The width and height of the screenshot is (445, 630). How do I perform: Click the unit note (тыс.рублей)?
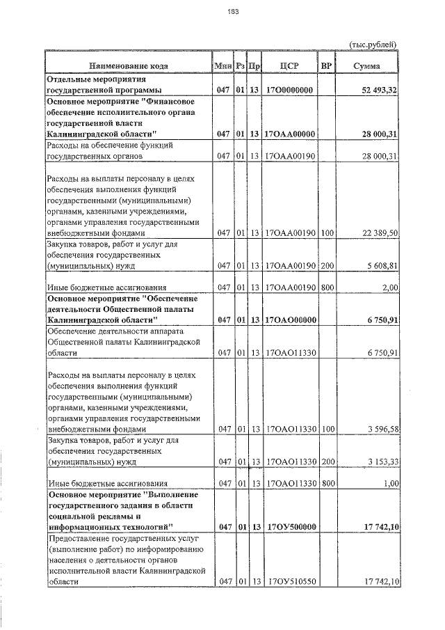click(x=373, y=45)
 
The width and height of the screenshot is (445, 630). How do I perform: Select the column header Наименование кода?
click(x=128, y=66)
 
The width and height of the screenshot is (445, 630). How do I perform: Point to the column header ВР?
click(x=326, y=66)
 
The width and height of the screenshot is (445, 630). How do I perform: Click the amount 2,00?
click(x=389, y=287)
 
